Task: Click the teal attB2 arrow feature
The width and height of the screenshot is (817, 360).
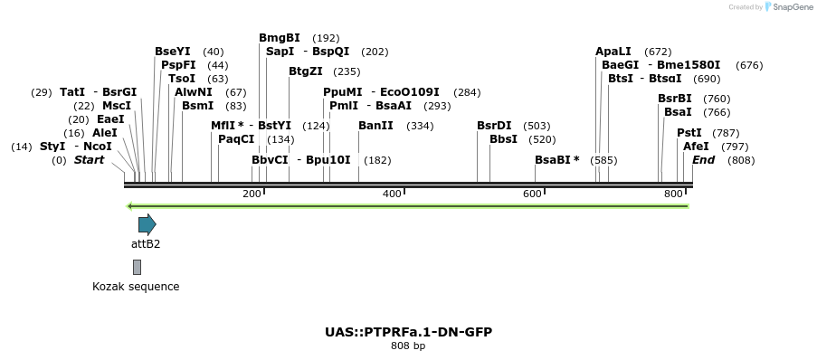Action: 147,224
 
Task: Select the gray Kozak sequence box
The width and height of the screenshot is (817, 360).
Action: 137,267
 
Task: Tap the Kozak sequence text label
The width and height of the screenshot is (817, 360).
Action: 136,287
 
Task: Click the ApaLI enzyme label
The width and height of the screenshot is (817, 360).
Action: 613,52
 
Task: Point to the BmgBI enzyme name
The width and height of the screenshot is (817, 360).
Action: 279,38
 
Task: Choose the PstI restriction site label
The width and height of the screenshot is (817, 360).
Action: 689,133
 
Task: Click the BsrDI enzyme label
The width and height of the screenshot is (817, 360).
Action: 494,126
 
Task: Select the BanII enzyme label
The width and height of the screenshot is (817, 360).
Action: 375,126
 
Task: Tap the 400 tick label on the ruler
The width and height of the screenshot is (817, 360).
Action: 392,194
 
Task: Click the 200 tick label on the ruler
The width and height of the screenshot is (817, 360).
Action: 252,194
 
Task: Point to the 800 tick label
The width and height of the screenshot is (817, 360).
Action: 672,194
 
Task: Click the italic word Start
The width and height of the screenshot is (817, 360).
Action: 89,160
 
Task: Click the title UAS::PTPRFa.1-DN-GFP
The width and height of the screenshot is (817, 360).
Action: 408,332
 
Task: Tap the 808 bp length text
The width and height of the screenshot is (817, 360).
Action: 408,346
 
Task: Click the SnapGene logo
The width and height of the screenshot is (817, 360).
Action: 788,7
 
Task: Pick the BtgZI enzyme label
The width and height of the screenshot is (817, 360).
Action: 306,71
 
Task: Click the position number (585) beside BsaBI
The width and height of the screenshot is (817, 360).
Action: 603,160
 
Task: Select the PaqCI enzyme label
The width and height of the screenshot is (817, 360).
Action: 236,139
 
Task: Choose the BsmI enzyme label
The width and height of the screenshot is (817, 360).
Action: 197,106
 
